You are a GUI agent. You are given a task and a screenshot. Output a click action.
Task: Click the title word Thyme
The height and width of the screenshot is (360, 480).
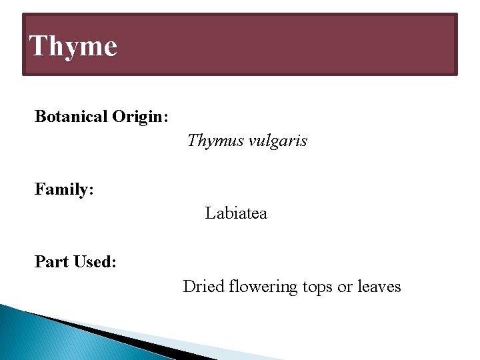[x=73, y=46]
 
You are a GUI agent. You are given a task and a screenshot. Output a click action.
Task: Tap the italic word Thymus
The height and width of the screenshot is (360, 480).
[x=214, y=141]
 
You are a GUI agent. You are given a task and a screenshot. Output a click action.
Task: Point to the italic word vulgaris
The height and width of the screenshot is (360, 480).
[x=277, y=141]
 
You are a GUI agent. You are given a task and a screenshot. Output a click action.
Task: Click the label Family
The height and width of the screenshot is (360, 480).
[x=61, y=190]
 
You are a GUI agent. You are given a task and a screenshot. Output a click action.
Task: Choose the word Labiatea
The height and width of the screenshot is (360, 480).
[x=236, y=213]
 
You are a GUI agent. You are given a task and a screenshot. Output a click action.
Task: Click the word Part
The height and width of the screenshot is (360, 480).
[x=53, y=262]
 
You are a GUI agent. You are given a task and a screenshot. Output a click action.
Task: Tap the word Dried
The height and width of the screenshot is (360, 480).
[x=203, y=287]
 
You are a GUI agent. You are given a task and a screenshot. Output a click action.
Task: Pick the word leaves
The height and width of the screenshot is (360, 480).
[x=379, y=287]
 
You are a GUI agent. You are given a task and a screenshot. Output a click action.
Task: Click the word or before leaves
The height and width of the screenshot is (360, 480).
[x=345, y=287]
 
